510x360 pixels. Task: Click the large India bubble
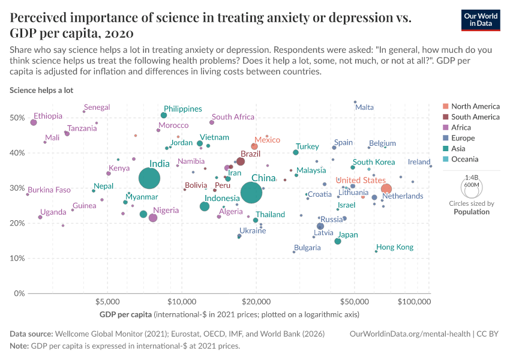(149, 178)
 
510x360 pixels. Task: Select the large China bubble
(252, 192)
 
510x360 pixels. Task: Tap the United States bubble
(386, 189)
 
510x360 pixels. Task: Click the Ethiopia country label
(48, 116)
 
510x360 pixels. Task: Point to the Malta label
(364, 107)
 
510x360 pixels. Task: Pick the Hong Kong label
(395, 247)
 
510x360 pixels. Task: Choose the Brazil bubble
(241, 161)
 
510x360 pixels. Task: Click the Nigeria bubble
(153, 218)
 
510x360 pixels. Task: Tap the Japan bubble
(338, 241)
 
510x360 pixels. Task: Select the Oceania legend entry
(464, 159)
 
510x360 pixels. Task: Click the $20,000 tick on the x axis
(256, 301)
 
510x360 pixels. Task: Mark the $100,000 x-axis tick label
(416, 301)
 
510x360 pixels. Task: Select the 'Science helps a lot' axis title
(40, 90)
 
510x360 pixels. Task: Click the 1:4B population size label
(471, 178)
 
